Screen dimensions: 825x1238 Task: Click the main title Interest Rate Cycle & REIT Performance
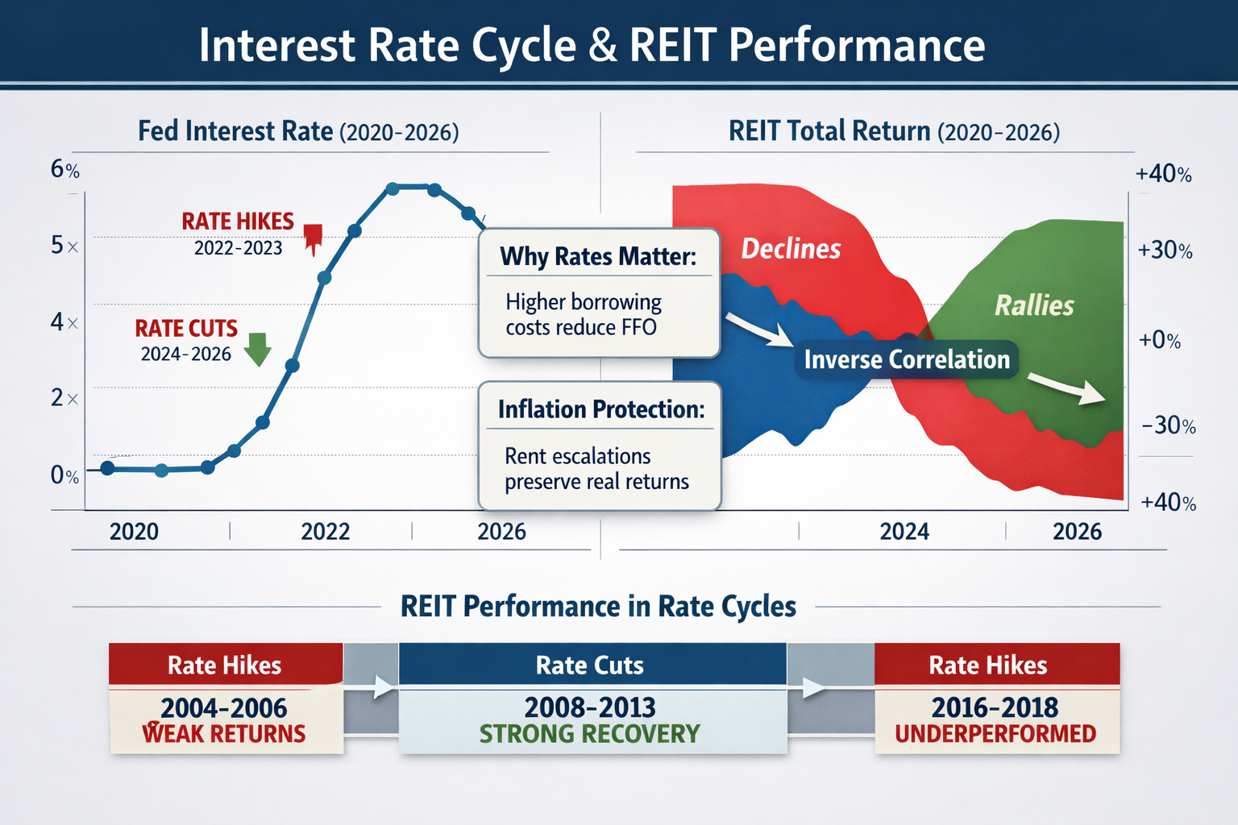point(592,45)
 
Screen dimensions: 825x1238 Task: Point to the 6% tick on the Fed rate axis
point(64,170)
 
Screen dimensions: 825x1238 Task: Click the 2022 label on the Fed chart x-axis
point(326,532)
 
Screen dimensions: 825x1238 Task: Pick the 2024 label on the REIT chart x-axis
point(904,532)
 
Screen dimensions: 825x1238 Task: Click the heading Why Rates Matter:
point(597,257)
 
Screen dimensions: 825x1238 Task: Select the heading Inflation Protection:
point(600,409)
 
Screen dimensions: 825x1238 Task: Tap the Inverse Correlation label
point(907,359)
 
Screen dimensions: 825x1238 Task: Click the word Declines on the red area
point(791,249)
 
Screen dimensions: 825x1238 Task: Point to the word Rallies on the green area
point(1034,306)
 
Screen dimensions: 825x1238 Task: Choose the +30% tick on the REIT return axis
point(1165,251)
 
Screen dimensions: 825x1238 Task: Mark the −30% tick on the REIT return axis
point(1168,425)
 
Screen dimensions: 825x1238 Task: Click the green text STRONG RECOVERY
point(589,734)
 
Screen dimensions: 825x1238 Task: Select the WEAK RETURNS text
point(224,734)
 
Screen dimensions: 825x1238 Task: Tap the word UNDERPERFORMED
point(995,734)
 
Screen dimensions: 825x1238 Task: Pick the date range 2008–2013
point(589,707)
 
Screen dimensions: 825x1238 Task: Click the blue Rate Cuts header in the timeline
point(591,665)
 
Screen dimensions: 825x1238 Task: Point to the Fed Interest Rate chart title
point(298,131)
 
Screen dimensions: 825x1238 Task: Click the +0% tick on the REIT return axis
point(1159,341)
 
